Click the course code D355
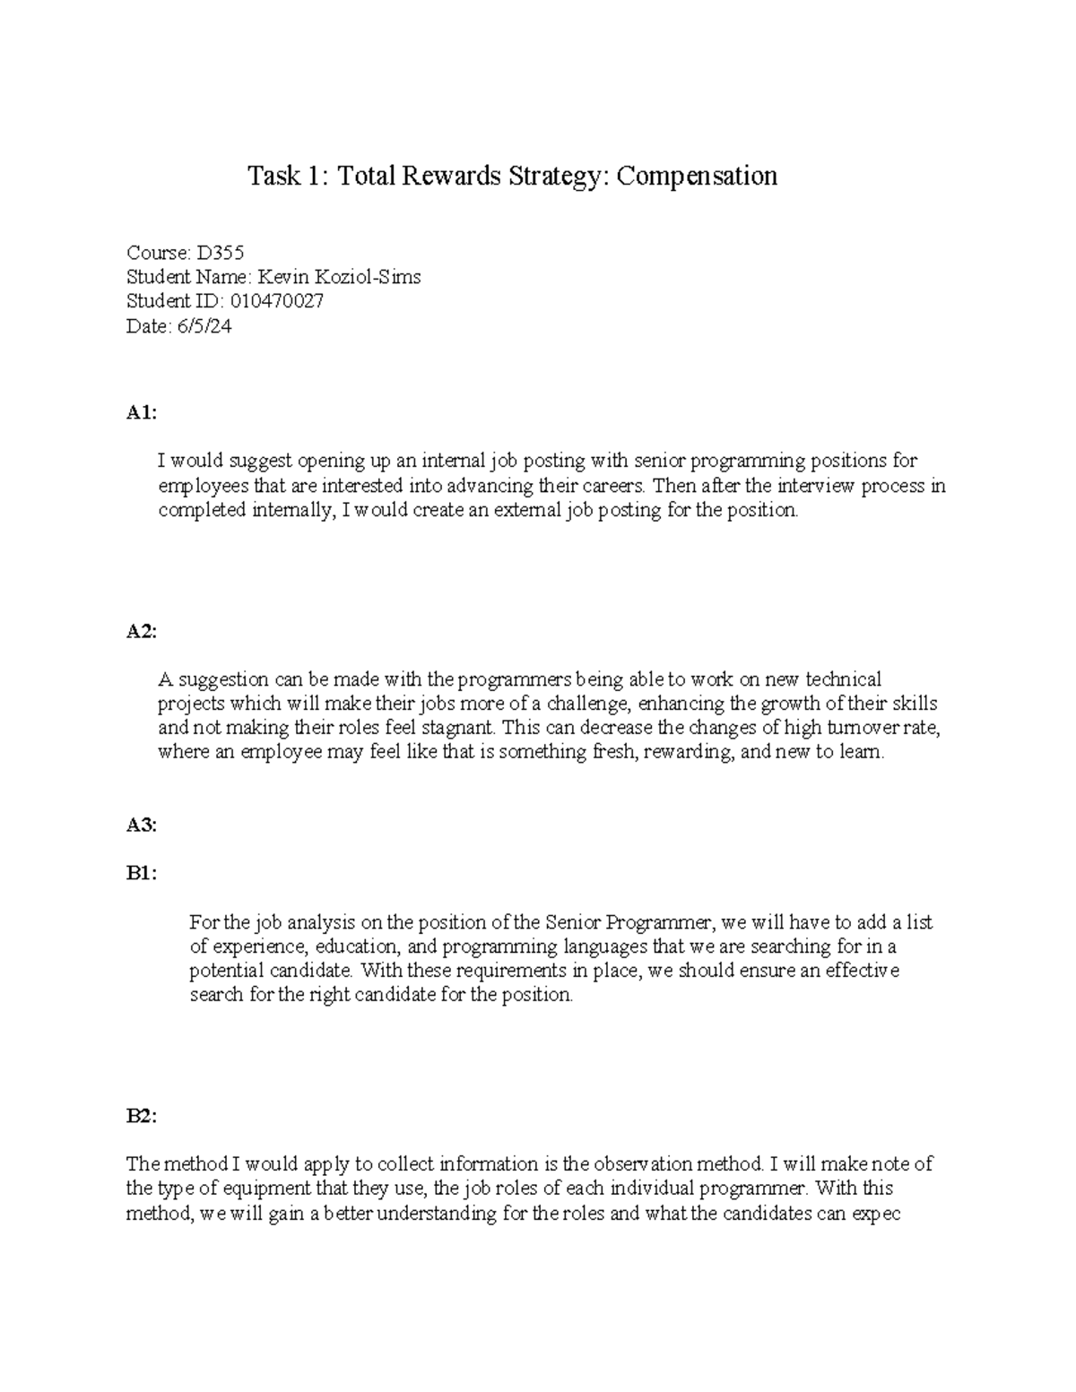pos(213,253)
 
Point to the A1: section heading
pos(141,412)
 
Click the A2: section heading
pos(141,631)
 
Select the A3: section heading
pos(141,826)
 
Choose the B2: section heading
pos(141,1116)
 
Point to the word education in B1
pos(364,947)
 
